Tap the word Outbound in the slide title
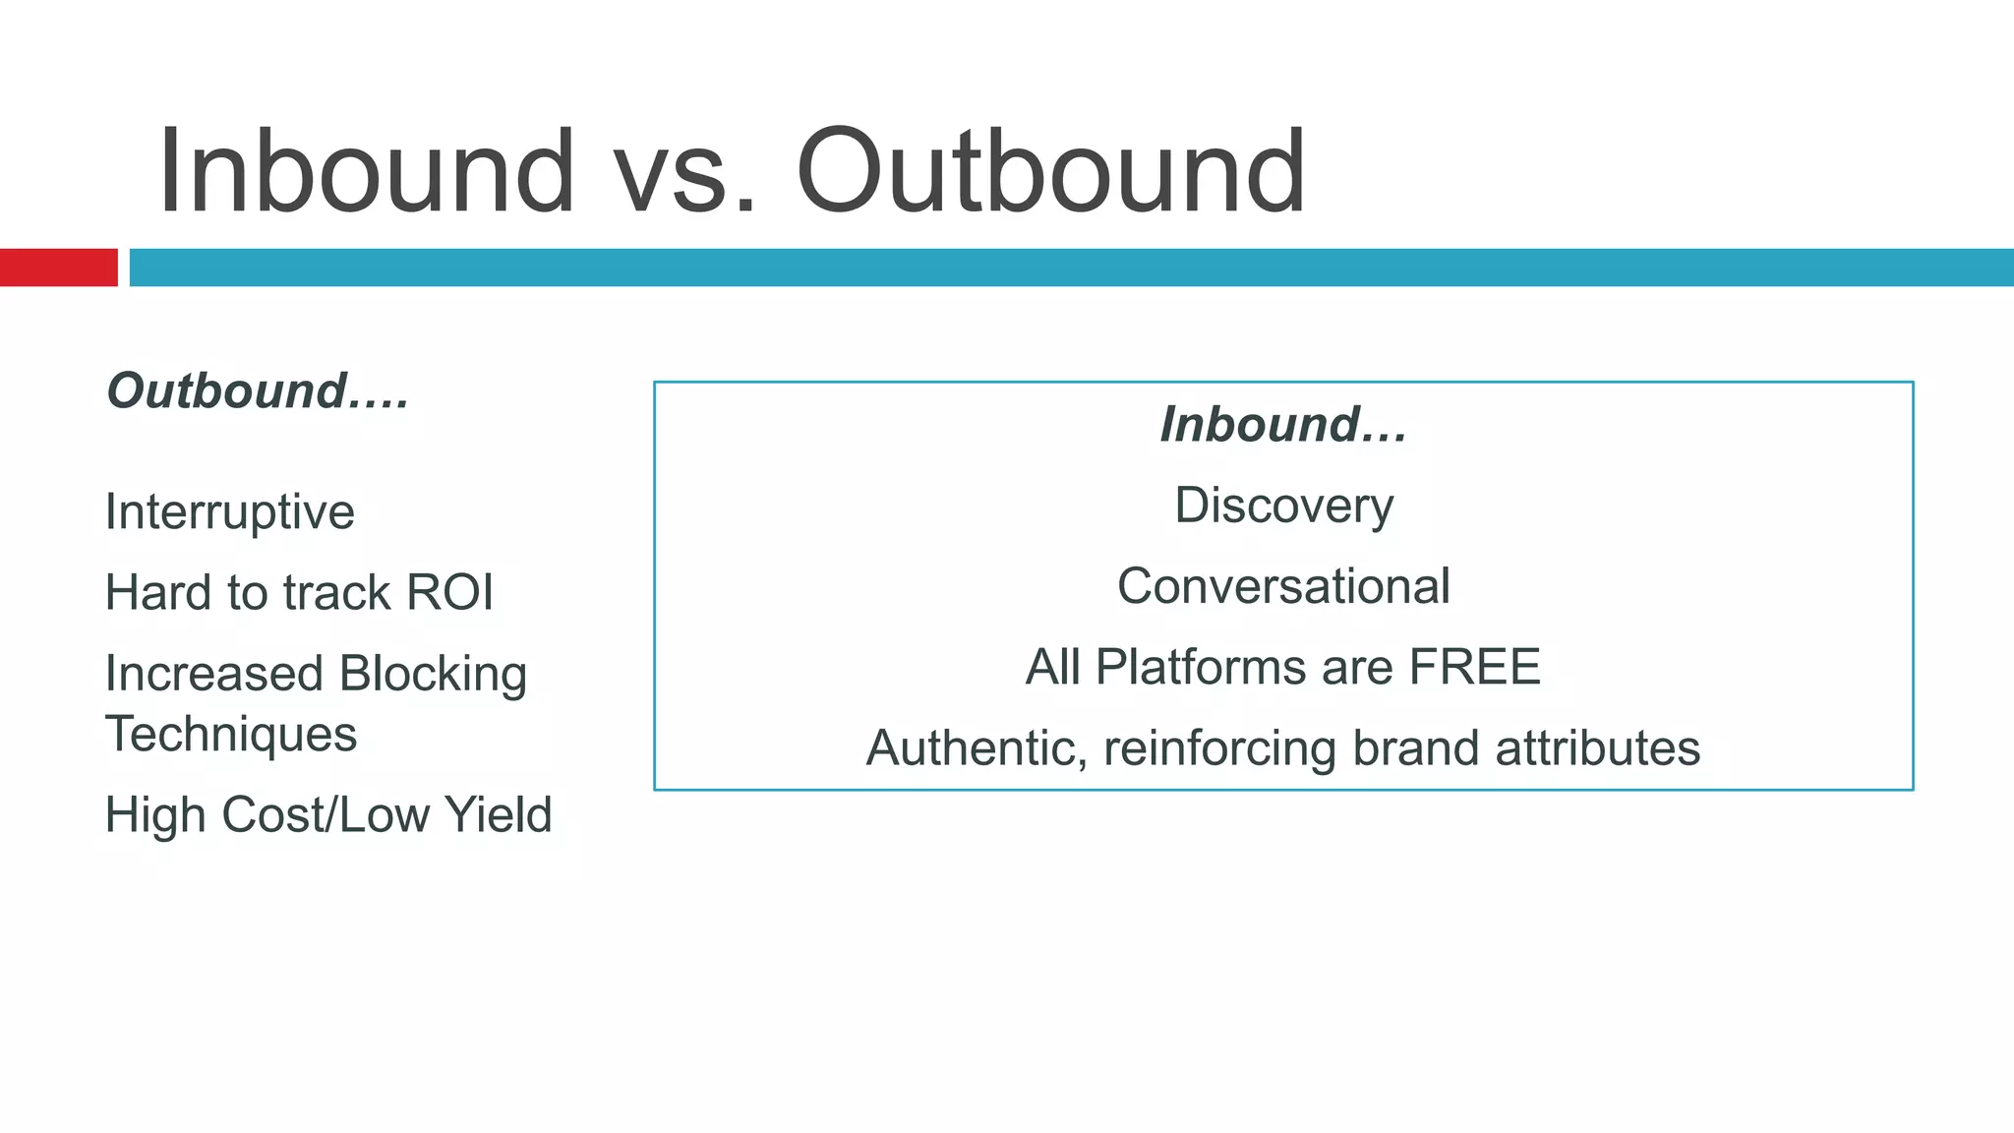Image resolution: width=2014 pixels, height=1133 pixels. (1050, 172)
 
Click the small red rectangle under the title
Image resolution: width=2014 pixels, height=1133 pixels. (58, 268)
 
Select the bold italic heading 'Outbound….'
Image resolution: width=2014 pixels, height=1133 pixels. (258, 390)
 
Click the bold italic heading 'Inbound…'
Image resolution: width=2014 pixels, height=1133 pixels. (1283, 424)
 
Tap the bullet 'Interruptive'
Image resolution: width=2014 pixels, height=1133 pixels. (229, 511)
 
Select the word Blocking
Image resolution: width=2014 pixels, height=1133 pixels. (433, 675)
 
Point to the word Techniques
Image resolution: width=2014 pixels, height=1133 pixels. (231, 734)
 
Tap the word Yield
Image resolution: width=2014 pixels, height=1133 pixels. (498, 814)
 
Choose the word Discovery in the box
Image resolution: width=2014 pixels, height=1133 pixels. (1283, 507)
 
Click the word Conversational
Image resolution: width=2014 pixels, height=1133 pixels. (1283, 586)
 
